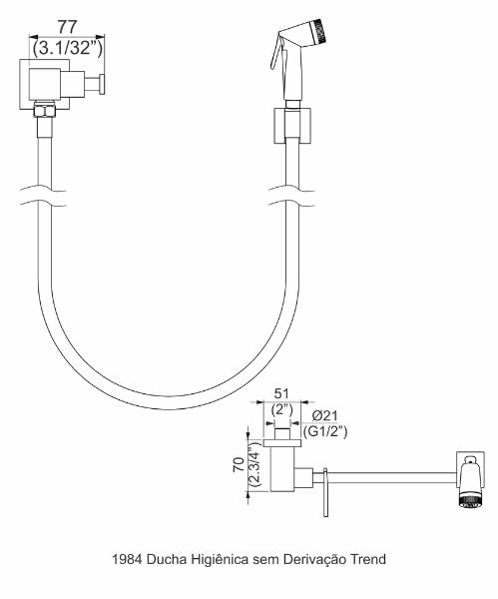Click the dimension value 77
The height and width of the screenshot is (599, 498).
pos(67,27)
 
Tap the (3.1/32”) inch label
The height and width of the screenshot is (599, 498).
pos(68,49)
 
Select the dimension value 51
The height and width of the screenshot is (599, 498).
pos(281,393)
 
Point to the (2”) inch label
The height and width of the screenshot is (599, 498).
pos(281,410)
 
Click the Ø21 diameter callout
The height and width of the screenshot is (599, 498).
pos(325,415)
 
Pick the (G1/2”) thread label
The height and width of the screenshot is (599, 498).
pos(325,431)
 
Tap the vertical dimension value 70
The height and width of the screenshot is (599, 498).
pos(240,464)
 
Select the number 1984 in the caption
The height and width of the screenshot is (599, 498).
pos(127,559)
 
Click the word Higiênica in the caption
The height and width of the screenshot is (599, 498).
pos(220,559)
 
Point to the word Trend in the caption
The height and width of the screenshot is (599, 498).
pos(368,559)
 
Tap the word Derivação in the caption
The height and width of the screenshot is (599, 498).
pos(314,560)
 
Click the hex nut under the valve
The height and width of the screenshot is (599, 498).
pos(45,111)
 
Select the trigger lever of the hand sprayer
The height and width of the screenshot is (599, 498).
pos(275,53)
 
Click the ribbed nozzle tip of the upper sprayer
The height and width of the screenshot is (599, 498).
pos(320,31)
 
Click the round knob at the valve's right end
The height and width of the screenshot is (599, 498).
pos(103,84)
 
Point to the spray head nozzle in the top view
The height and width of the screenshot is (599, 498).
pos(472,501)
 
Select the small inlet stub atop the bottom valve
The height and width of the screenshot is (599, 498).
pos(282,433)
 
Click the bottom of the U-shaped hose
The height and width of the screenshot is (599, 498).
pos(169,401)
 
